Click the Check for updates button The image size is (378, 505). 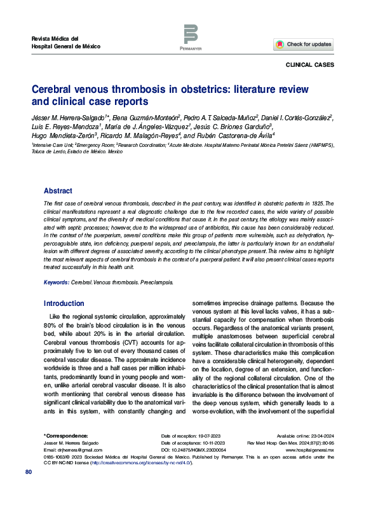[304, 45]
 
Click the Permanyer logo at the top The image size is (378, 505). [190, 38]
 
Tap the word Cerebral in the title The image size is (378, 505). [53, 89]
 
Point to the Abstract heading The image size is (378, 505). [58, 191]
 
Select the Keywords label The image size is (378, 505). [57, 281]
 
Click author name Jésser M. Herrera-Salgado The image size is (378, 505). [72, 118]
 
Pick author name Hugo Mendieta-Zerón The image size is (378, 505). [65, 135]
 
